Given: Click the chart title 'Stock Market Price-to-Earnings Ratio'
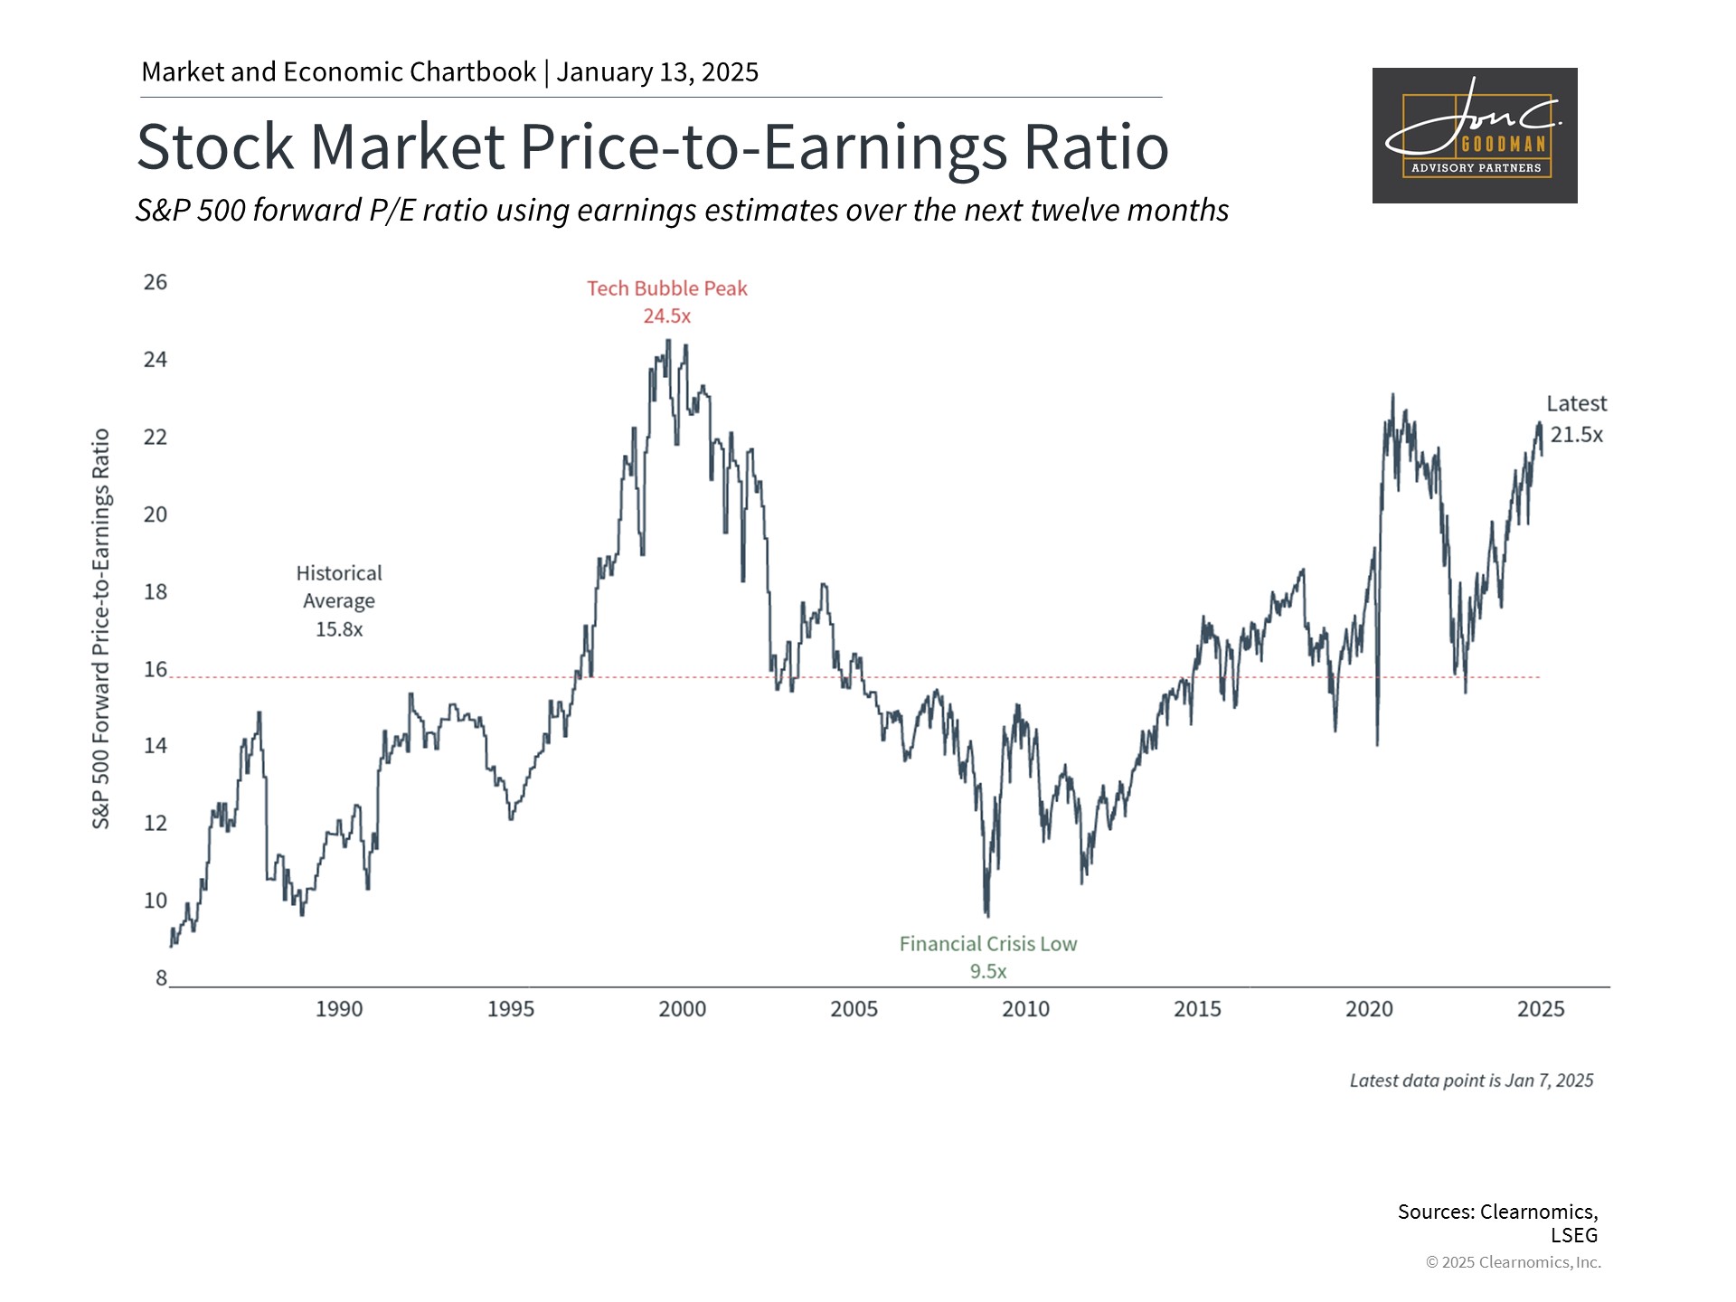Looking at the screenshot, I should pyautogui.click(x=652, y=146).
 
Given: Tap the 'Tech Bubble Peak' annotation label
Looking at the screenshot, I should pyautogui.click(x=667, y=288).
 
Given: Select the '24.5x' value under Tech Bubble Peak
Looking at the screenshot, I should pyautogui.click(x=667, y=316).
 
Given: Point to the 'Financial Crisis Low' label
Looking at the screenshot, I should pyautogui.click(x=988, y=944).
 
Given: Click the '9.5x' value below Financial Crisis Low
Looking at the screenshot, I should pyautogui.click(x=988, y=972).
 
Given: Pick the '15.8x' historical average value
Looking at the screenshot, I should pyautogui.click(x=339, y=629).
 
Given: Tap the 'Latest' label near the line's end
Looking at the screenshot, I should pyautogui.click(x=1576, y=404).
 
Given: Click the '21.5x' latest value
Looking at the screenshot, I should pyautogui.click(x=1576, y=435).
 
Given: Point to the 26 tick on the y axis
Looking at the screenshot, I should pyautogui.click(x=156, y=282).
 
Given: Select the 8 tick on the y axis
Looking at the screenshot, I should pyautogui.click(x=161, y=977).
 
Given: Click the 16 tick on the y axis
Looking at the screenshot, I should pyautogui.click(x=156, y=669).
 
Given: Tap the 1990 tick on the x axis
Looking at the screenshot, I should pyautogui.click(x=339, y=1009).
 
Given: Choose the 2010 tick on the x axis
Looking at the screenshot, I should pyautogui.click(x=1025, y=1009).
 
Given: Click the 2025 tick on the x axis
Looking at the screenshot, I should pyautogui.click(x=1541, y=1009).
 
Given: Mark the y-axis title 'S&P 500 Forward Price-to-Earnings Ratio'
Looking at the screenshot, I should pyautogui.click(x=101, y=628).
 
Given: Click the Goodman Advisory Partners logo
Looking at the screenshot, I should pyautogui.click(x=1475, y=136).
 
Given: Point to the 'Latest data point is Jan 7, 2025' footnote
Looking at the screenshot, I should pyautogui.click(x=1471, y=1080).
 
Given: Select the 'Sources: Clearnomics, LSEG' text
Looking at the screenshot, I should pyautogui.click(x=1497, y=1222).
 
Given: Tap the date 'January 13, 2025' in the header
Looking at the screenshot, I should pyautogui.click(x=657, y=72).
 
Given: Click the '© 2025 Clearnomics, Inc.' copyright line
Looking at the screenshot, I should pyautogui.click(x=1513, y=1262).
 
